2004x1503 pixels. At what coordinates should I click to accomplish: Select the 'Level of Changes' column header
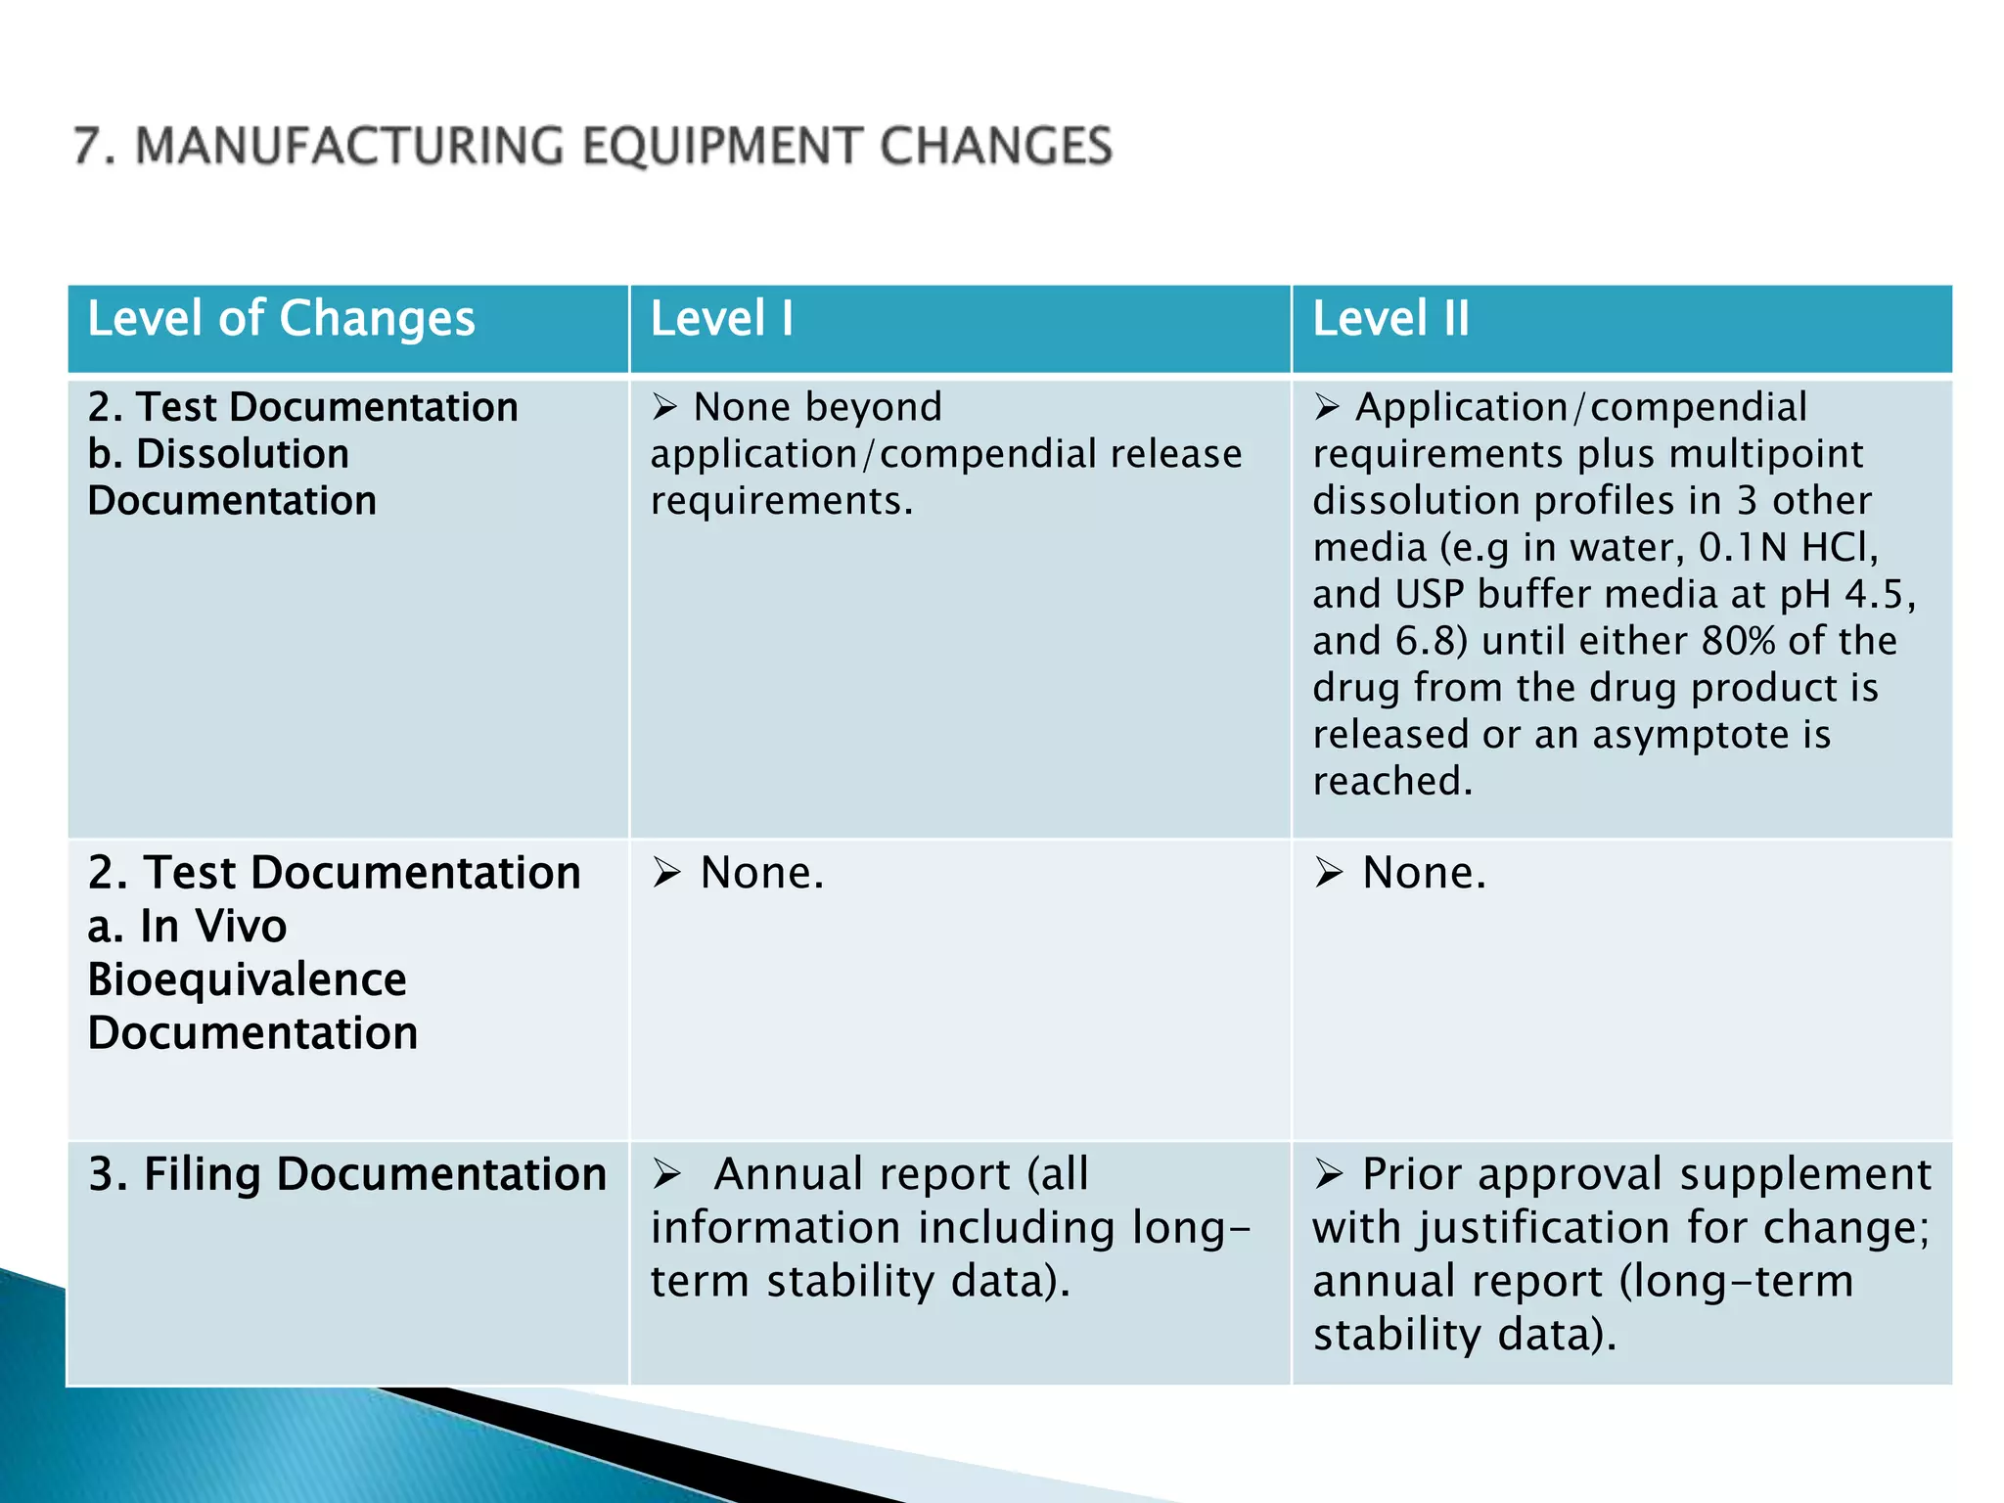281,319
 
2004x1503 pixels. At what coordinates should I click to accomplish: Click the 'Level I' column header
721,319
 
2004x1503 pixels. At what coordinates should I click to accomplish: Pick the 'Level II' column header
1390,319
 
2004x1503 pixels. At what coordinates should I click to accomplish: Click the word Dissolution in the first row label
243,454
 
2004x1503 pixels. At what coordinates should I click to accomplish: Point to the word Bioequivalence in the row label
247,979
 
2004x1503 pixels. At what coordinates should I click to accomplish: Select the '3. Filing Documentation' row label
346,1174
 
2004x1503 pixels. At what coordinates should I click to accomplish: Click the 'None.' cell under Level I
761,872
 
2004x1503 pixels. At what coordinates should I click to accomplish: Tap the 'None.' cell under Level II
1424,872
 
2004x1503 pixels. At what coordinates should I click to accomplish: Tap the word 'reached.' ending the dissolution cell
1391,781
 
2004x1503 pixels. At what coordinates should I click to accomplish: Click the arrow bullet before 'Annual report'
666,1173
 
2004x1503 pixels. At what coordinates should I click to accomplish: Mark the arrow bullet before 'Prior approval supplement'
1329,1173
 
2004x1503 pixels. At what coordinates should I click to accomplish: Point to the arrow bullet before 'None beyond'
665,406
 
